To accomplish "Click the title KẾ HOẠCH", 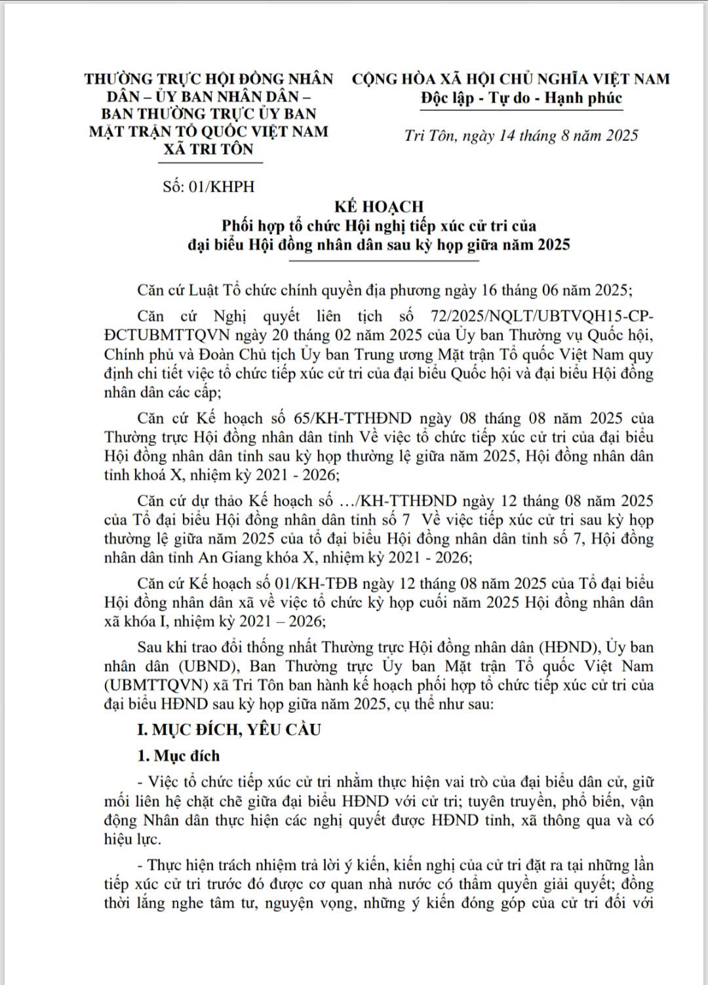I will click(x=379, y=207).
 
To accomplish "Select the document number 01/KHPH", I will click(x=221, y=186).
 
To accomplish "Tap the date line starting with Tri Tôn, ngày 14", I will click(x=521, y=136).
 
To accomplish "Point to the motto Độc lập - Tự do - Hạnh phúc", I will click(x=521, y=98).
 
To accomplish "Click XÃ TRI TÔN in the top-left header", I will click(x=208, y=149).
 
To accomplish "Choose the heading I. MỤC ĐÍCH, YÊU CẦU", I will click(x=229, y=729).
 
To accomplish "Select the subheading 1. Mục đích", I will click(x=178, y=755).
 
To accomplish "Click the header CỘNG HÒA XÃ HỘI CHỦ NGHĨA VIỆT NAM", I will click(x=511, y=79).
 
